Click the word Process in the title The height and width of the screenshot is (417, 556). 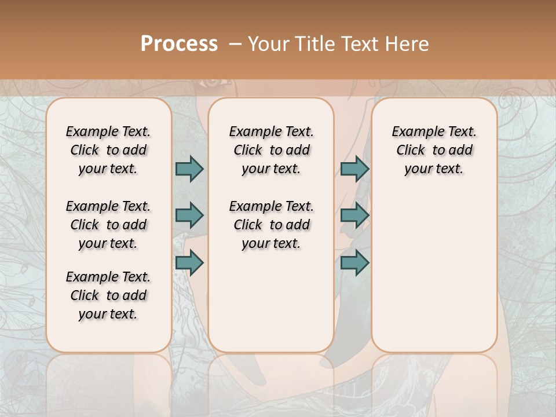point(179,43)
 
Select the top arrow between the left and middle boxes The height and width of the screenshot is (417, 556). point(189,169)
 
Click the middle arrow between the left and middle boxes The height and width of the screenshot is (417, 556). point(189,215)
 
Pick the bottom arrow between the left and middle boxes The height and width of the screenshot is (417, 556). point(189,263)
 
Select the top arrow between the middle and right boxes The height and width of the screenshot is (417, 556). point(354,169)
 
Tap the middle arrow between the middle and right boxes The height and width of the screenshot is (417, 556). point(354,215)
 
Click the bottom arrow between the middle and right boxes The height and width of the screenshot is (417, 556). point(354,263)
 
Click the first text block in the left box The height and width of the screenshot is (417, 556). point(108,150)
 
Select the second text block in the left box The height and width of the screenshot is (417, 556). point(108,225)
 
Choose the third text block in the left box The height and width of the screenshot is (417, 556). point(108,295)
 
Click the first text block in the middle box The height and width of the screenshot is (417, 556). point(271,150)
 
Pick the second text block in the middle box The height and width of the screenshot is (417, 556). point(271,225)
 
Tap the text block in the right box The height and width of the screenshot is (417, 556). point(434,150)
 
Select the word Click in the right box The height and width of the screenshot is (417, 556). point(411,151)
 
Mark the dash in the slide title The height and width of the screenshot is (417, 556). point(235,44)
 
